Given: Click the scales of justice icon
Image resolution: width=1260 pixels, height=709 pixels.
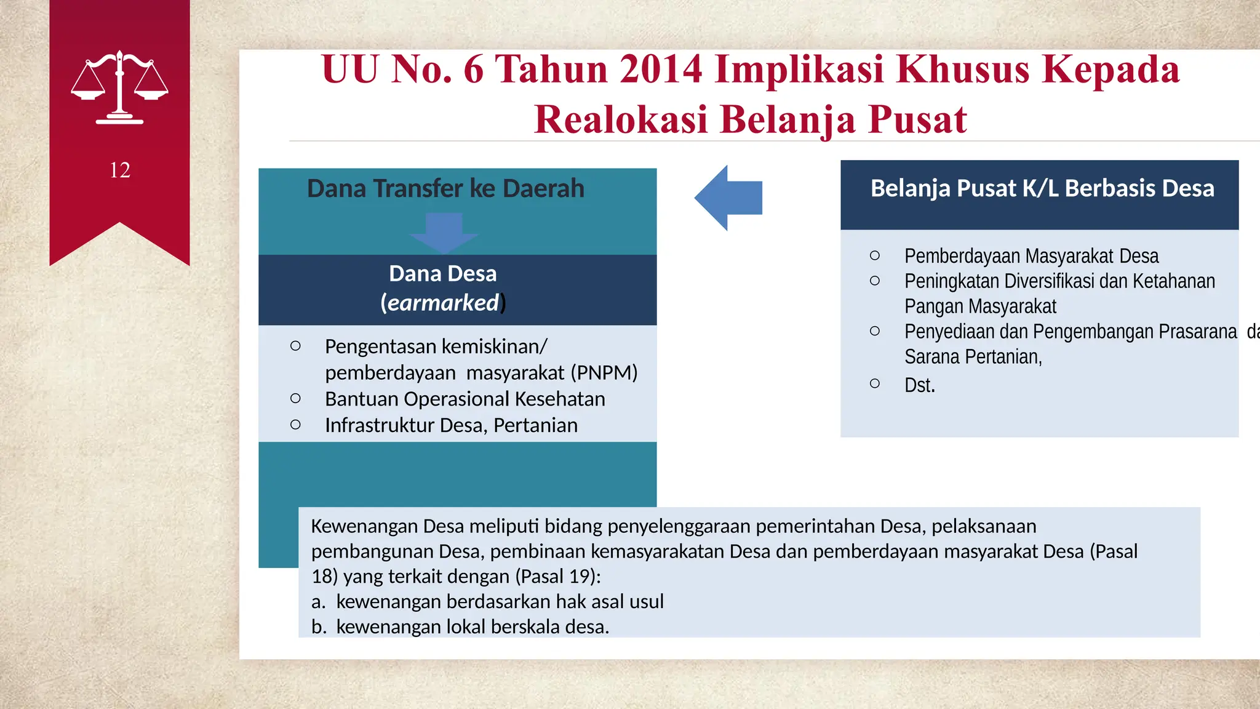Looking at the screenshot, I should [x=119, y=87].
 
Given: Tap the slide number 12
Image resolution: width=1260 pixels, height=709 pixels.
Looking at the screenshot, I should [x=120, y=170].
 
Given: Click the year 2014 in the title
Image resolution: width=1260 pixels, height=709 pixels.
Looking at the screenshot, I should [x=661, y=69].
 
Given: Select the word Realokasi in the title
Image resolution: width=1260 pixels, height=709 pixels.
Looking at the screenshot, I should [x=621, y=119].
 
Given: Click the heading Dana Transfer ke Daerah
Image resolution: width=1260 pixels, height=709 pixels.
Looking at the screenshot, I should [x=445, y=188].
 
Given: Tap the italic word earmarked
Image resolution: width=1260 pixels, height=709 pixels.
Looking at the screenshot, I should [x=443, y=303].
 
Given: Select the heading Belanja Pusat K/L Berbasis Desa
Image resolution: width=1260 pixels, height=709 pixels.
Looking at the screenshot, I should [x=1042, y=188].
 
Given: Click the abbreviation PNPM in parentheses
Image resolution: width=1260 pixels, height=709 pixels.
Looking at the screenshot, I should [x=604, y=373].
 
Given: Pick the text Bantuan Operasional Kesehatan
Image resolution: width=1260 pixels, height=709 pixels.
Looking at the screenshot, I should [x=465, y=399].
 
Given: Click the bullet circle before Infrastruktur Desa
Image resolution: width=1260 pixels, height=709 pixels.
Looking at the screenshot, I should [x=295, y=425].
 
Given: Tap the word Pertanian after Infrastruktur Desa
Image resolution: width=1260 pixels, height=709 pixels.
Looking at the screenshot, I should [x=535, y=425].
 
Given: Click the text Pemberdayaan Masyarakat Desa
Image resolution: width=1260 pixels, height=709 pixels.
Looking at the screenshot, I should [x=1031, y=256].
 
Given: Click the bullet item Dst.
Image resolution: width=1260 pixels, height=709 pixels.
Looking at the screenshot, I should [x=919, y=385].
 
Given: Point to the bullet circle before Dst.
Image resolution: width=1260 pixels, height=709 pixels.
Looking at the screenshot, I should [x=875, y=383].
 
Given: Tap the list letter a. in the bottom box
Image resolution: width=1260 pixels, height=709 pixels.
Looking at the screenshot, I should [x=318, y=602].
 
